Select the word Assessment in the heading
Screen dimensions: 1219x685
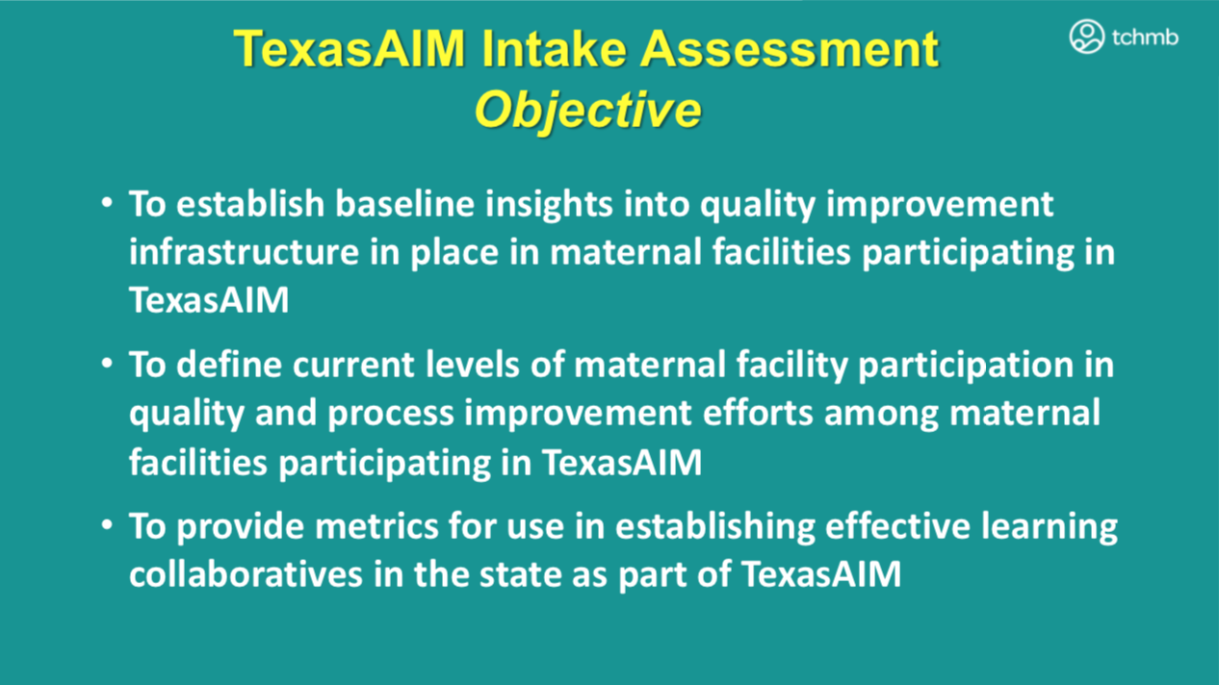(790, 49)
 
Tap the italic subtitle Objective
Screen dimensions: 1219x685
(587, 111)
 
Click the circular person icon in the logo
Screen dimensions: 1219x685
(1087, 37)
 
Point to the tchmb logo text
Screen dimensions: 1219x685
(1145, 38)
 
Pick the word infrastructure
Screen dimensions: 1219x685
(244, 252)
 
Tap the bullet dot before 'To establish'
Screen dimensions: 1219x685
(107, 203)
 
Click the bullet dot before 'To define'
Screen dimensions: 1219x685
(107, 364)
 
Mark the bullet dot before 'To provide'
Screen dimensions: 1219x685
(107, 525)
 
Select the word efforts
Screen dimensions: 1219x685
(757, 412)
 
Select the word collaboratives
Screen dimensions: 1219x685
(246, 574)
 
